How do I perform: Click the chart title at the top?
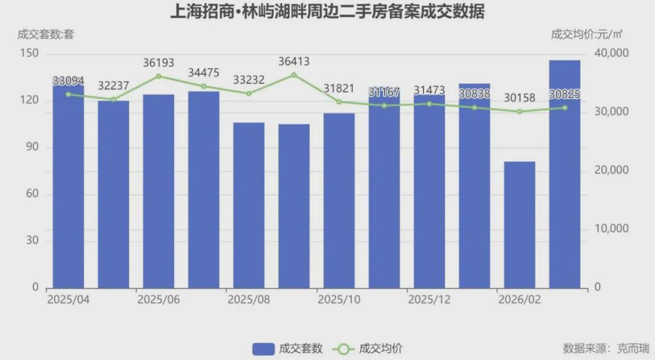tap(327, 12)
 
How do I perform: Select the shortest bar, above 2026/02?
tap(519, 224)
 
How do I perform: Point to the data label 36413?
tap(294, 61)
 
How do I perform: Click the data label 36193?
tap(158, 62)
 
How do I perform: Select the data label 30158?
tap(519, 98)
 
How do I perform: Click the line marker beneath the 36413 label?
tap(294, 75)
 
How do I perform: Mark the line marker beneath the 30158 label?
tap(519, 112)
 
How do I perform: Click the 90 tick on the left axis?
tap(33, 147)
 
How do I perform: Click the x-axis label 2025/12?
tap(428, 300)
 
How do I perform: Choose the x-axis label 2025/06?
tap(158, 300)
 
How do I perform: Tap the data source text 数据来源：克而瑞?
tap(605, 348)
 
